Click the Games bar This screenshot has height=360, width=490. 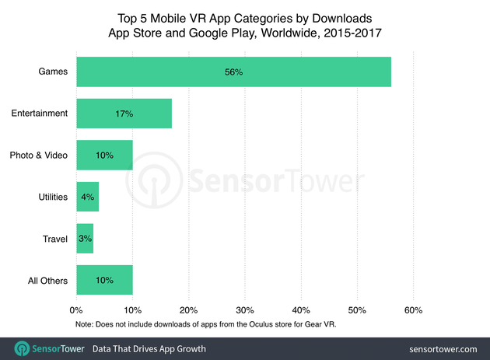[x=233, y=72]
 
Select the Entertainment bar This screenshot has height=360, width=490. [x=124, y=114]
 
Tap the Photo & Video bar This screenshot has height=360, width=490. [x=104, y=155]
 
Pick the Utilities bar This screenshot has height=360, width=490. [x=87, y=197]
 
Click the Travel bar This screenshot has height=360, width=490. [x=85, y=239]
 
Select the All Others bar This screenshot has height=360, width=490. [x=104, y=280]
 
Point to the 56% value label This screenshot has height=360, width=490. [x=233, y=72]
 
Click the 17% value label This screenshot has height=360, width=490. [x=124, y=114]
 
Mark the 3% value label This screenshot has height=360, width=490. [x=84, y=239]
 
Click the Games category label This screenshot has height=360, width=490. [x=54, y=72]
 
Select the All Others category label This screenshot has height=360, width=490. [x=47, y=281]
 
